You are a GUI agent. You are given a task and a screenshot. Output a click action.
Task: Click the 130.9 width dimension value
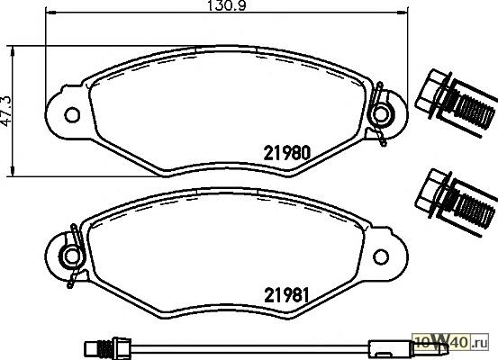coord(226,5)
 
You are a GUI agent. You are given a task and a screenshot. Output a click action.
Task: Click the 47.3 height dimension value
coord(6,111)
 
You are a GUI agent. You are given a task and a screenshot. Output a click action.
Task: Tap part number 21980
coord(286,153)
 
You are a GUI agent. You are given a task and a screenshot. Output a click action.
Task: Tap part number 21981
coord(286,295)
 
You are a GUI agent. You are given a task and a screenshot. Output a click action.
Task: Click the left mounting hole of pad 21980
coord(72,115)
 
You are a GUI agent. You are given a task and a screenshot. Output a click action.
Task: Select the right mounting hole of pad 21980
coord(381,114)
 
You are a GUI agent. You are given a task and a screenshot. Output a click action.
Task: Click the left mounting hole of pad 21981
coord(72,256)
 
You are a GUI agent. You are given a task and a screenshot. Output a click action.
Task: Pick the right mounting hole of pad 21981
coord(381,256)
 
